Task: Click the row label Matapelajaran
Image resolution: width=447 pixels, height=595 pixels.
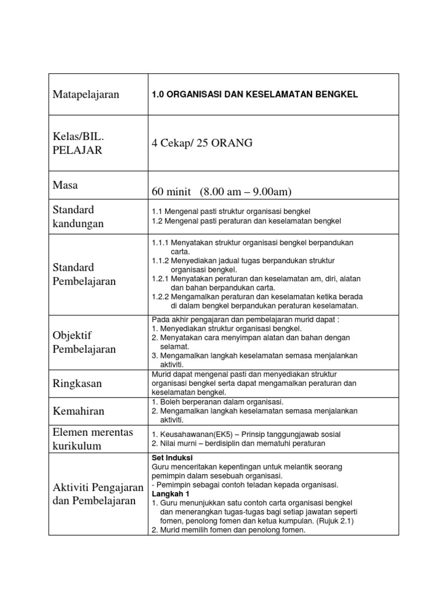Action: click(86, 95)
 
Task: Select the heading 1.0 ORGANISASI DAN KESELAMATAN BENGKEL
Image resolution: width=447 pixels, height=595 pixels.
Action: click(255, 94)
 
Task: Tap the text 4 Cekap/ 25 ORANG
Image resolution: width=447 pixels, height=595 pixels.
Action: click(202, 143)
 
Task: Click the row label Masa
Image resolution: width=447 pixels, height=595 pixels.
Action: click(66, 185)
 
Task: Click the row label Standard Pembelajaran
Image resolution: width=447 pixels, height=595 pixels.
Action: click(84, 274)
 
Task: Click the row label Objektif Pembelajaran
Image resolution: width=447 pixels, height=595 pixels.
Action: click(84, 342)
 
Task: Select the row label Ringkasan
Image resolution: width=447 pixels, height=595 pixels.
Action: click(77, 383)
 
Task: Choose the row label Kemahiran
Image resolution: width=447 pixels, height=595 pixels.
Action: click(79, 411)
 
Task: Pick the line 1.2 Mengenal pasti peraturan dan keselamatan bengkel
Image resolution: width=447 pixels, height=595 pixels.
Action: click(246, 221)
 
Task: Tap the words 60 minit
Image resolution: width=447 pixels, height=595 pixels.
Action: click(172, 192)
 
